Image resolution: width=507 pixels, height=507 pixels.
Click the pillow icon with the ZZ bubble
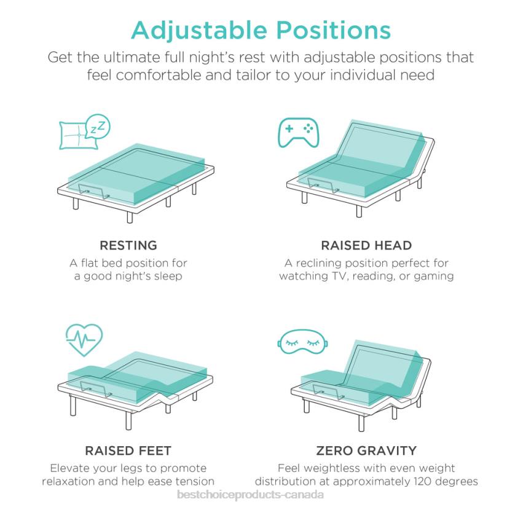84,132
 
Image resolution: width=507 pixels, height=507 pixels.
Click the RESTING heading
128,246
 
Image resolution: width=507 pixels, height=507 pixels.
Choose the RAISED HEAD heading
366,246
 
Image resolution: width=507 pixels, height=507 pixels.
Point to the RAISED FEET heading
128,451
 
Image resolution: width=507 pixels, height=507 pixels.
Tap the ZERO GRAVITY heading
366,451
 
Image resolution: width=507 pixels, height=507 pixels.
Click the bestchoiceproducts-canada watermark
250,495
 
